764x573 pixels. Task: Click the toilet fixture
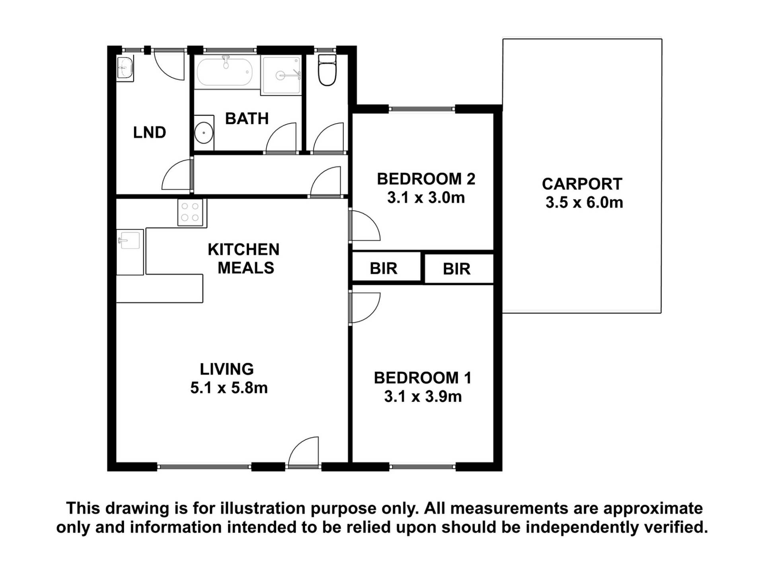[x=327, y=70]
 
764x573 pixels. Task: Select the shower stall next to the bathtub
[x=281, y=75]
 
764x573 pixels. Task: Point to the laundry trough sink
[x=125, y=68]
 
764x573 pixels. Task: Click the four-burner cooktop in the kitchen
[x=190, y=212]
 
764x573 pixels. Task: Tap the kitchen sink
[x=129, y=240]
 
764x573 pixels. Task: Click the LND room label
[x=149, y=133]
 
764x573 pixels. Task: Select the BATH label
[x=247, y=119]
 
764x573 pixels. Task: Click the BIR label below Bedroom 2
[x=384, y=269]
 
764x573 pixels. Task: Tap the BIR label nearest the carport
[x=456, y=269]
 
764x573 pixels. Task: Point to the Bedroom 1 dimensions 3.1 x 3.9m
[x=423, y=397]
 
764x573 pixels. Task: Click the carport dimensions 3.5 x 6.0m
[x=584, y=203]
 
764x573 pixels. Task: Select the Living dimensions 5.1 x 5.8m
[x=229, y=388]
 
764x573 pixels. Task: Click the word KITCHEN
[x=244, y=249]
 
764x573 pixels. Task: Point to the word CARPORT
[x=582, y=184]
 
